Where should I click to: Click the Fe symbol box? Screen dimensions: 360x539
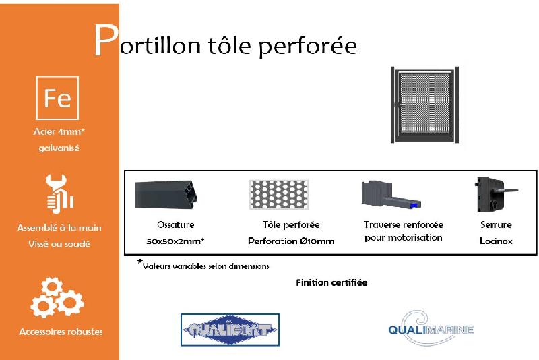pos(57,98)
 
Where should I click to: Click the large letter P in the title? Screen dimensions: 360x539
pos(104,42)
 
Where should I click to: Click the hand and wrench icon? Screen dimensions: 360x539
pos(58,193)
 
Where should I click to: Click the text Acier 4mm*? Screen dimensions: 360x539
pos(59,132)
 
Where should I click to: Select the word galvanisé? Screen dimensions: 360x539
pos(59,148)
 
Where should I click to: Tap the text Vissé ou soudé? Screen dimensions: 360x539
pos(59,244)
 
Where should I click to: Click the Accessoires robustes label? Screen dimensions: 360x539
pos(61,332)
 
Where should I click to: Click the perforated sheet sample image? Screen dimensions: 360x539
pos(278,194)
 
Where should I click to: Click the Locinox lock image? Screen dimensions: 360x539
pos(495,192)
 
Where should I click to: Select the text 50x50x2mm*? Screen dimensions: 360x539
pos(175,241)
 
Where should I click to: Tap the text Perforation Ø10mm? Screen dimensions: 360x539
pos(291,241)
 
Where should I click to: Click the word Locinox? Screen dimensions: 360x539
pos(496,241)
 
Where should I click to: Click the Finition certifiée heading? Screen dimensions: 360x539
pos(331,283)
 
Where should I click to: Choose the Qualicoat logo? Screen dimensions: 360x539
pos(230,330)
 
